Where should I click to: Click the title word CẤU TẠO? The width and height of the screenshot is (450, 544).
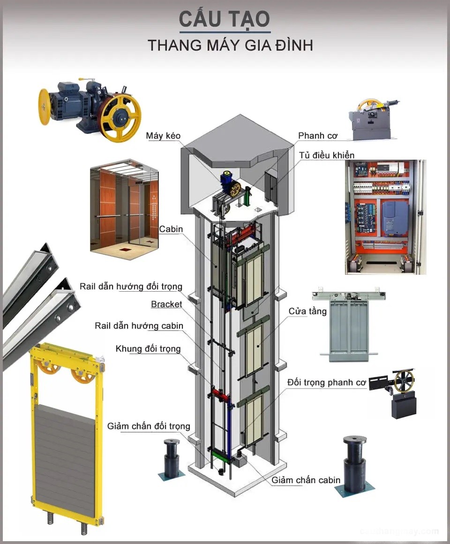tap(225, 20)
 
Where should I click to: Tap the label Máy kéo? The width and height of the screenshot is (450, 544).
tap(163, 136)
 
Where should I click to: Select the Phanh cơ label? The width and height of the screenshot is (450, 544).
tap(317, 136)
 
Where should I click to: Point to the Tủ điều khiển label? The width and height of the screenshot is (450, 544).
tap(327, 155)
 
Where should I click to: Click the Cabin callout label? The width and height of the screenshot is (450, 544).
tap(171, 229)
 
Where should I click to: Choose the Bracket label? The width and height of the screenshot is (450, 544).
tap(166, 304)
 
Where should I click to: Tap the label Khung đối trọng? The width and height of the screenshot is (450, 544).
tap(148, 349)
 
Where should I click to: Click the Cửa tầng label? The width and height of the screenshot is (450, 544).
tap(307, 311)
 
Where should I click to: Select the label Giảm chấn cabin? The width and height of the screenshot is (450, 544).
tap(306, 480)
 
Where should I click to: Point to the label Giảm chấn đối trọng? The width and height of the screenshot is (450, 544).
tap(149, 426)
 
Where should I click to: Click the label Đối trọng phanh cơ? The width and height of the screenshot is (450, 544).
tap(326, 382)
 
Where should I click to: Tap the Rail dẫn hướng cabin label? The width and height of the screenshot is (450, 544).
tap(139, 325)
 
